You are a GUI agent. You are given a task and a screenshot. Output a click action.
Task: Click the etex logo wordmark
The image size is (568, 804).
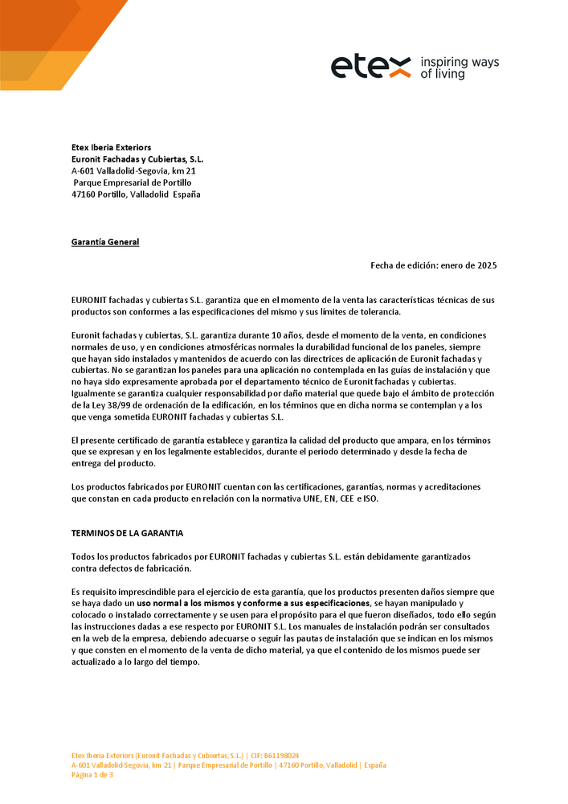(371, 68)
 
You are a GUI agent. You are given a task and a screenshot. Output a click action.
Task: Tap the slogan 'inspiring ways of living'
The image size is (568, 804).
(460, 68)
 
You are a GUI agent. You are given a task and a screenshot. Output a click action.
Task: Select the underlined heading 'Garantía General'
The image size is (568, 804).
(105, 242)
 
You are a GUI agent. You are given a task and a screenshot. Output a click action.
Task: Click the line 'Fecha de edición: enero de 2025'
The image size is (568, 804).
(439, 265)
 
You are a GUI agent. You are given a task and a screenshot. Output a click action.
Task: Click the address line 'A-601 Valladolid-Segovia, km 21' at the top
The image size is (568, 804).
(133, 171)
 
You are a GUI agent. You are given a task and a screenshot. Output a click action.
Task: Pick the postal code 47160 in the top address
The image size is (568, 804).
(84, 195)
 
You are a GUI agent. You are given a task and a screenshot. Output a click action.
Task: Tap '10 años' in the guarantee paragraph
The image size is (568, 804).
(288, 334)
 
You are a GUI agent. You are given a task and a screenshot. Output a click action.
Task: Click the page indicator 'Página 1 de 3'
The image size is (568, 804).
(92, 775)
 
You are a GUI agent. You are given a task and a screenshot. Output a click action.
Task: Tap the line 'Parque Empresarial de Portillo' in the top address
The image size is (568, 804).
(133, 183)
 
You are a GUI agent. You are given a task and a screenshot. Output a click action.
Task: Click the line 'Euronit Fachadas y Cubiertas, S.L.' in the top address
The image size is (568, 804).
(137, 159)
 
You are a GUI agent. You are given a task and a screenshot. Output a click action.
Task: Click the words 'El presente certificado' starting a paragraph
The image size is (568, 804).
(114, 440)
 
